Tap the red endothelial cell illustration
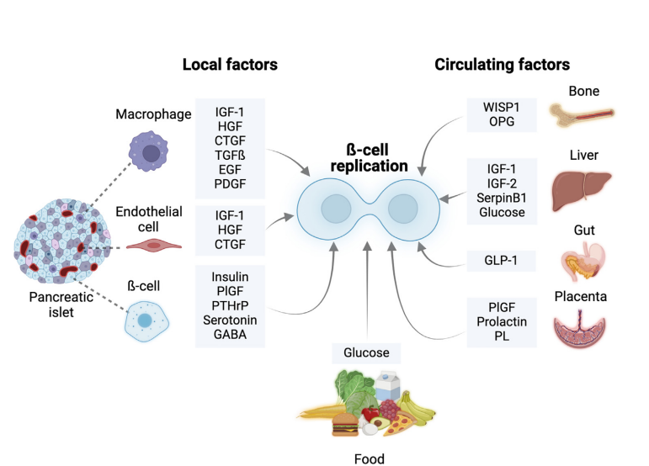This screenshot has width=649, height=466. (x=152, y=245)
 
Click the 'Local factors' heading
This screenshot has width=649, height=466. (x=230, y=64)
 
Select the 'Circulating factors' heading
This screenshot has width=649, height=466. (x=502, y=64)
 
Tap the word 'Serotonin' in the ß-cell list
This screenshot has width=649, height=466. (x=230, y=320)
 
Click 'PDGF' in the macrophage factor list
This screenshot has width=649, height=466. (x=230, y=183)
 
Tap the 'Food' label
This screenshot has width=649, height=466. (x=369, y=458)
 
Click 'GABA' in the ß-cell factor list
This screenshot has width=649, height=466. (x=230, y=336)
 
